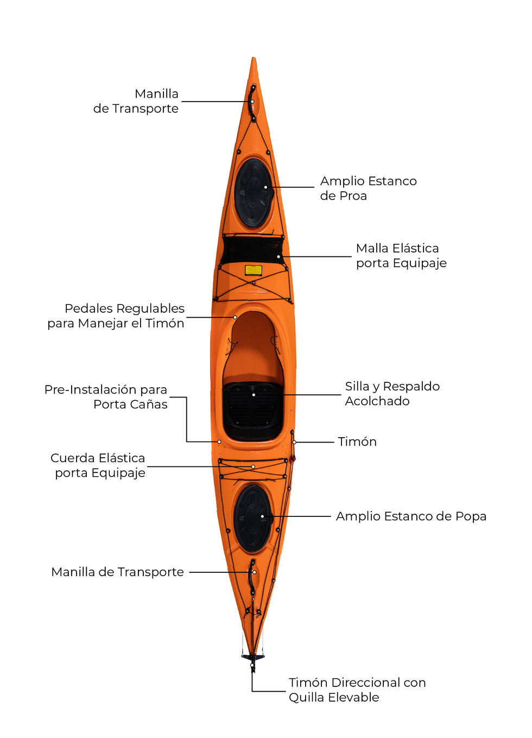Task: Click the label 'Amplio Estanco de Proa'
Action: [368, 188]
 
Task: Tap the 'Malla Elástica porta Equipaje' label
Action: [401, 256]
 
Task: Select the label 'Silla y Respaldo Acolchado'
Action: [392, 394]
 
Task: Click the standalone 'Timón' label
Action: [357, 441]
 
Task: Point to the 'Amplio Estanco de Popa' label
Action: [411, 516]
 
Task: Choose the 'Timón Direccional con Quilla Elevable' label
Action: [357, 690]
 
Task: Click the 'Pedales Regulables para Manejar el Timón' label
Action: [116, 316]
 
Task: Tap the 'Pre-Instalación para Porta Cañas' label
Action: [106, 397]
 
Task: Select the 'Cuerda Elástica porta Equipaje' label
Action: [98, 465]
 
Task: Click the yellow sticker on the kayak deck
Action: [254, 270]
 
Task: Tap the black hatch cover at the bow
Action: [253, 193]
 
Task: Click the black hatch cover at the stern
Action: [252, 519]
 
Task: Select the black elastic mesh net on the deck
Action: [252, 250]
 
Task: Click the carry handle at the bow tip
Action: [252, 103]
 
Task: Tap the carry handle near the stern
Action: [252, 577]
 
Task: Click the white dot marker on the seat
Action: [254, 395]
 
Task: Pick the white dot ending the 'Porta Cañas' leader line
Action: [219, 442]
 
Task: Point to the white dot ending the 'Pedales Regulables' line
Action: [235, 317]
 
